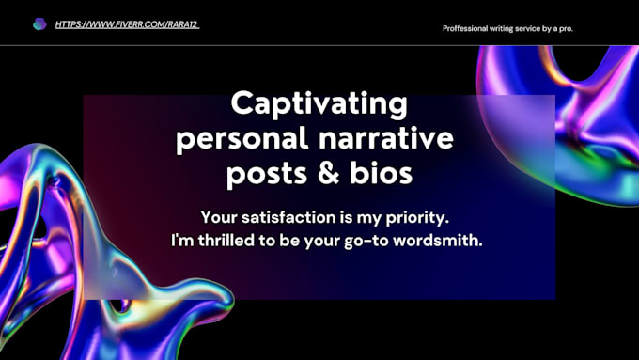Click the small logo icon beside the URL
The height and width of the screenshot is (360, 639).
coord(39,24)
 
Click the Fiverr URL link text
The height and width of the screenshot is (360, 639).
coord(127,24)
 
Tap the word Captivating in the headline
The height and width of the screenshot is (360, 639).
coord(319,103)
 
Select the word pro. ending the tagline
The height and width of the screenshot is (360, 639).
coord(566,28)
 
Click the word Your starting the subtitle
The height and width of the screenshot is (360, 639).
coord(220,216)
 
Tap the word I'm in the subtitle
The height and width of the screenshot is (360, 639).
coord(182,240)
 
